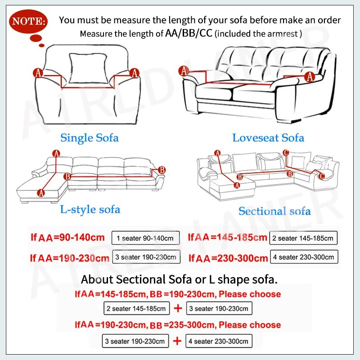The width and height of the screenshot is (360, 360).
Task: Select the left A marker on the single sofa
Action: click(38, 72)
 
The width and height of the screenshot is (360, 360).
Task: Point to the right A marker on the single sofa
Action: click(134, 72)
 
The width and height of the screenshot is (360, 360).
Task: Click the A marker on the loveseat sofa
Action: click(184, 70)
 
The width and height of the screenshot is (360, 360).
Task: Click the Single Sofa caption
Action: click(89, 137)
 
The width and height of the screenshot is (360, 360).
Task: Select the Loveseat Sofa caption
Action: click(268, 138)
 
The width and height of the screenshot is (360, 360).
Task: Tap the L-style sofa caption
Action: click(90, 209)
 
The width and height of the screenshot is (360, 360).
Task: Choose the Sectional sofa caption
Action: click(274, 211)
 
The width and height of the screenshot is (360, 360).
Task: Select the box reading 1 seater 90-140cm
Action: click(145, 238)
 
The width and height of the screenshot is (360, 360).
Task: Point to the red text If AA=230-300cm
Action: click(228, 258)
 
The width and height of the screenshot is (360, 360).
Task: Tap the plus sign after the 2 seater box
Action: click(178, 309)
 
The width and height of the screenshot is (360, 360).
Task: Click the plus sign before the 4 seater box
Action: click(178, 341)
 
